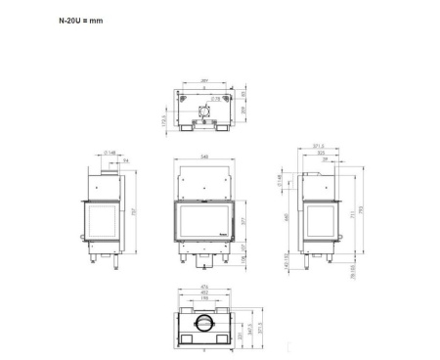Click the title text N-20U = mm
coord(80,20)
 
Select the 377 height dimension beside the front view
coord(244,221)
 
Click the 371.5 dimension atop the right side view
coord(319,146)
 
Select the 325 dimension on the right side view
coord(321,154)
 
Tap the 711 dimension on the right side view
coord(351,215)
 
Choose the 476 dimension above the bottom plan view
coord(203,286)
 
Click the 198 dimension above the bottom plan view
coord(203,298)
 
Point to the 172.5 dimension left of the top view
coord(164,119)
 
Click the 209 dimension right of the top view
coord(242,110)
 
